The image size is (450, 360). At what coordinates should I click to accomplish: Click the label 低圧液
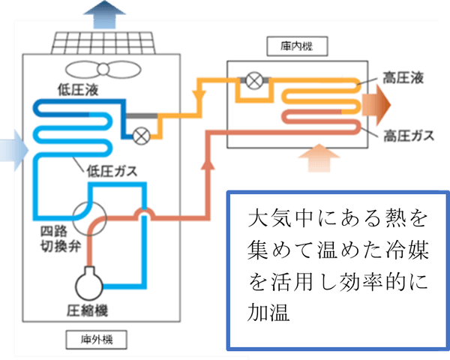[78, 91]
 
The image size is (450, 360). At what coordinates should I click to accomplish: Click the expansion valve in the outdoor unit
[140, 135]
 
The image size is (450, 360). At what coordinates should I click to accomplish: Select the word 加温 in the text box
[265, 309]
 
